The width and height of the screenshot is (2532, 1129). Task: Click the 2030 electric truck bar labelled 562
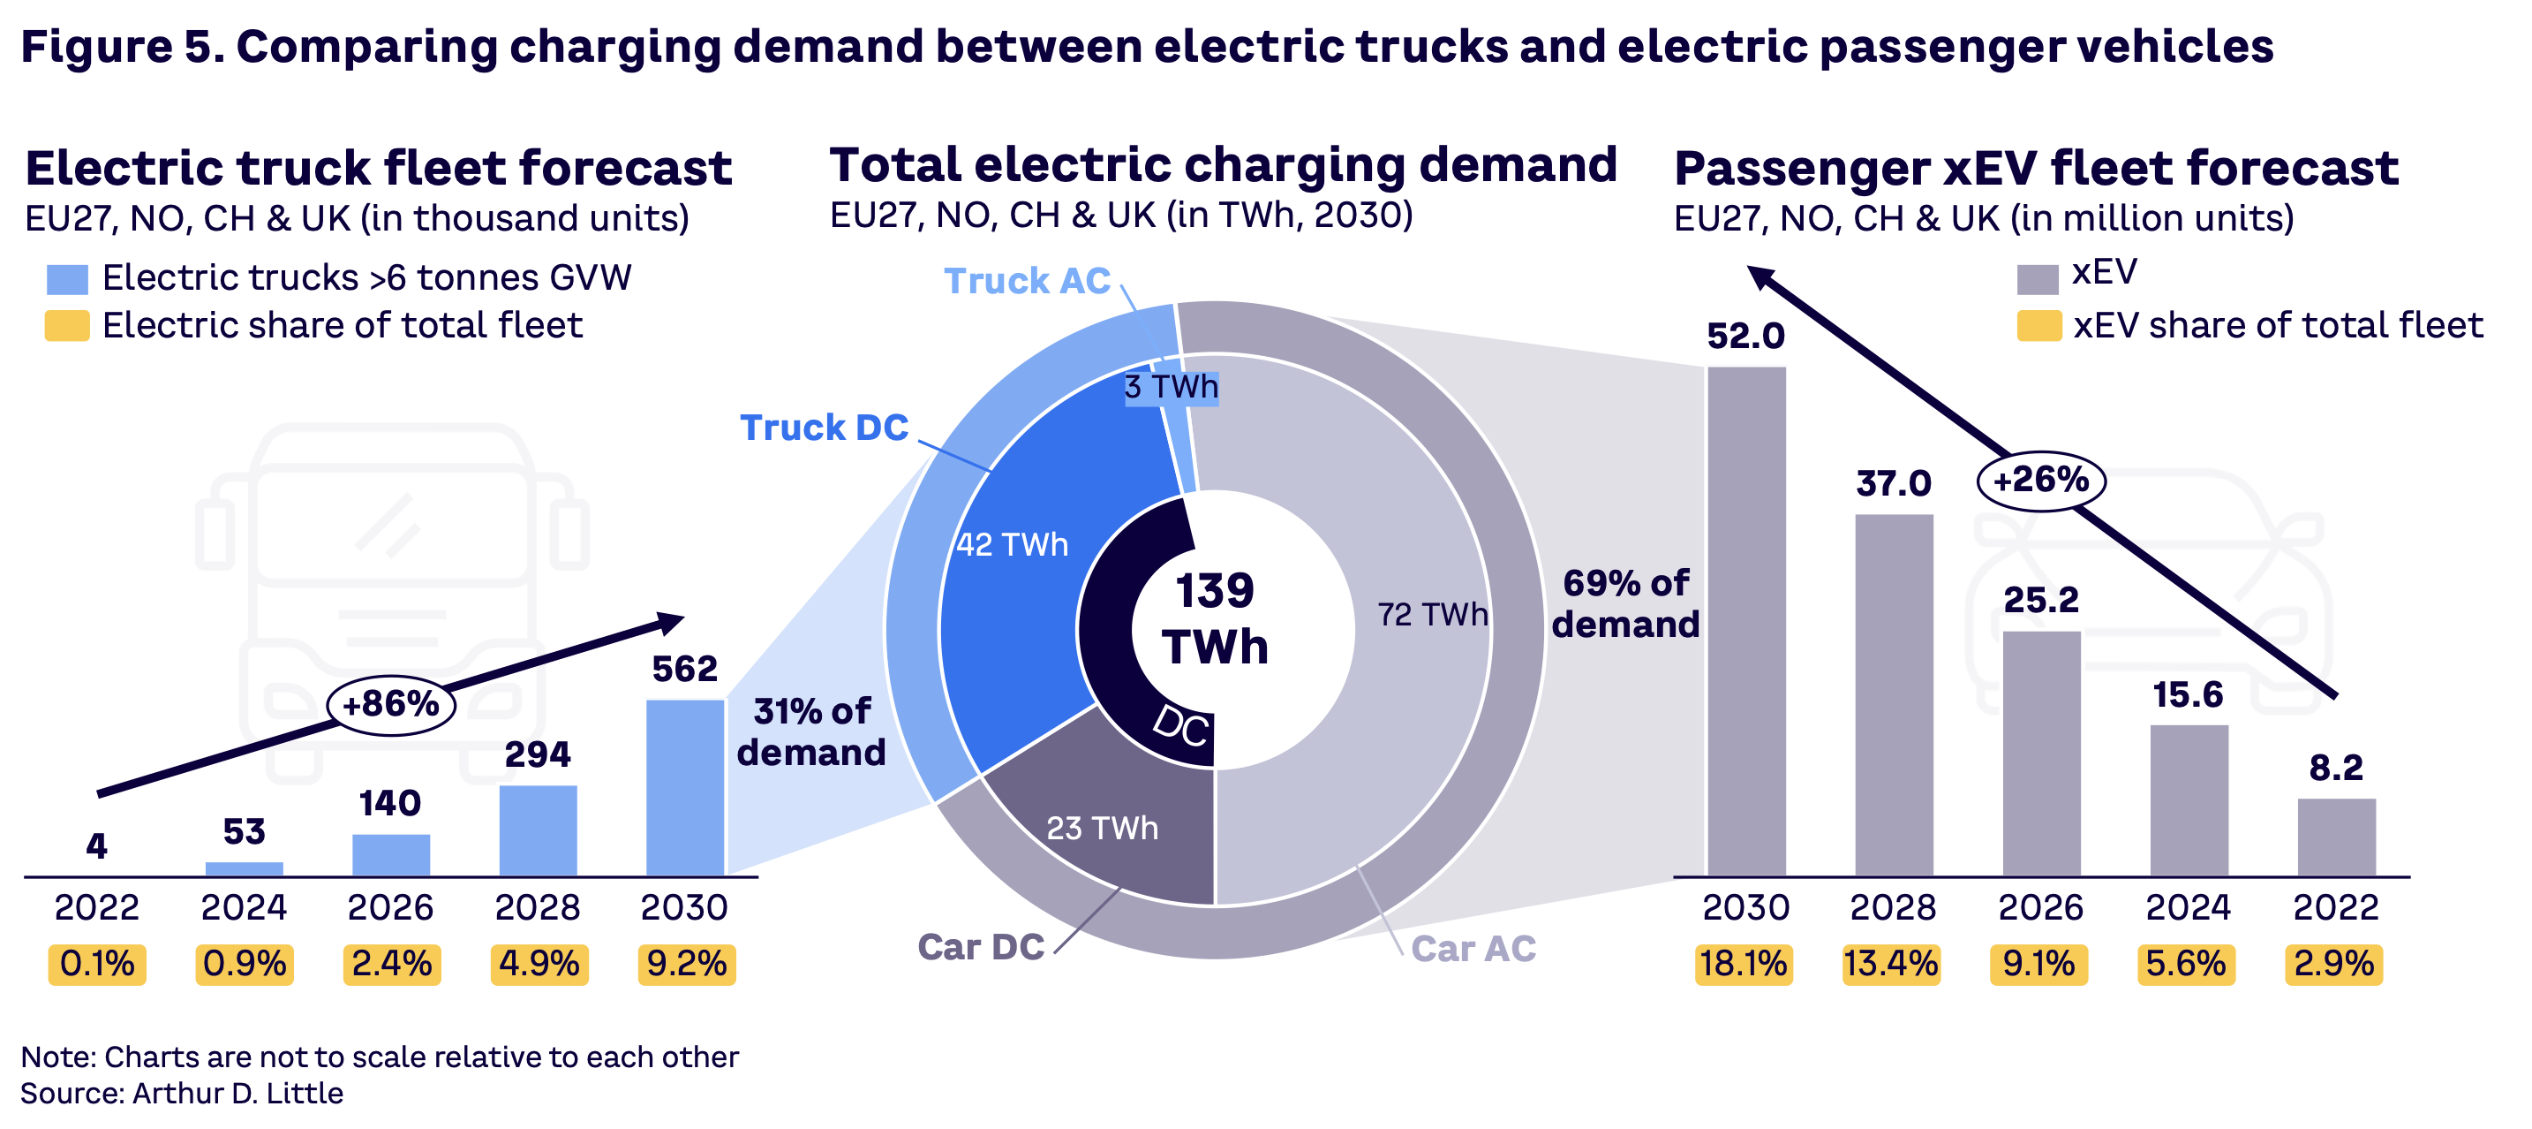pos(685,787)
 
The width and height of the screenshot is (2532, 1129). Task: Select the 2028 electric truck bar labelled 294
pos(538,830)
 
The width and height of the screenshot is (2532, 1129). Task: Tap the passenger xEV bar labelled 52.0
pos(1745,620)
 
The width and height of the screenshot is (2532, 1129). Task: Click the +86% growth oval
pos(390,704)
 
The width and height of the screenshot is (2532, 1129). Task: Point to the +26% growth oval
pos(2040,480)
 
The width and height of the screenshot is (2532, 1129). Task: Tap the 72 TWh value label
pos(1432,615)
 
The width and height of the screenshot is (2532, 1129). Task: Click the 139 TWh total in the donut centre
pos(1215,618)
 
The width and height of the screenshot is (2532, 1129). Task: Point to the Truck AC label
pos(1026,281)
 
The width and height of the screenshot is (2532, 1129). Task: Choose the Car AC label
pos(1473,948)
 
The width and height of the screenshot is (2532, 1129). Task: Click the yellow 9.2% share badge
pos(686,964)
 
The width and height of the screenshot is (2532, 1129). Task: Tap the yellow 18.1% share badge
pos(1743,964)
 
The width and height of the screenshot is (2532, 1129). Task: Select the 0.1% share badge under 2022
pos(96,964)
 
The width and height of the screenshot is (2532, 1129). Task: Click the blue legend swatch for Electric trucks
pos(67,279)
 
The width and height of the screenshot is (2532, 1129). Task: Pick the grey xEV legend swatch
pos(2037,278)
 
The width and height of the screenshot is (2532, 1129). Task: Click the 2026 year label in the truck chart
pos(390,906)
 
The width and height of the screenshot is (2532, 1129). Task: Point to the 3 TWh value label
pos(1171,388)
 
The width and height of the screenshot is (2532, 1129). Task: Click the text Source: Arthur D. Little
pos(182,1094)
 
